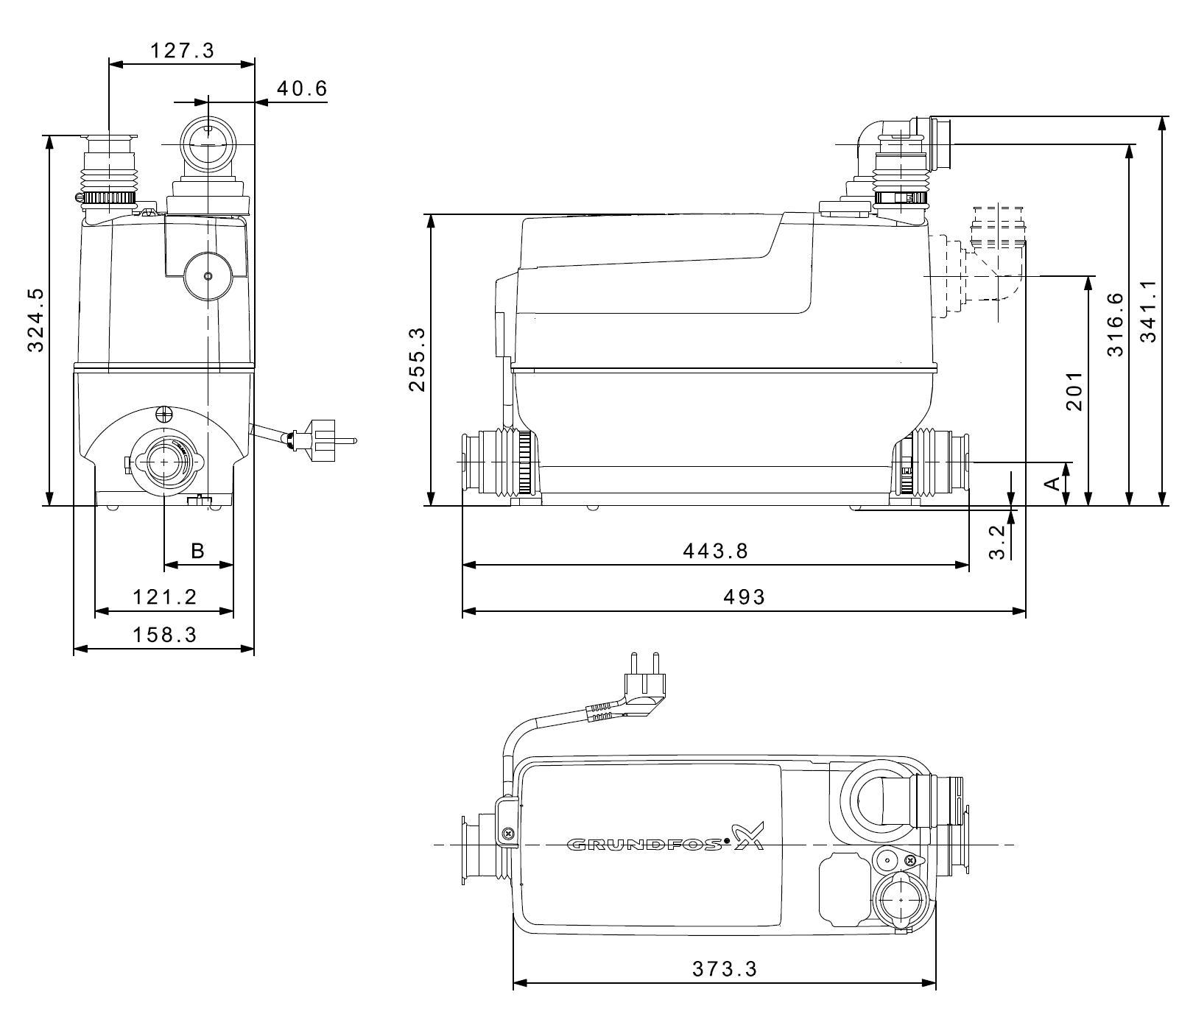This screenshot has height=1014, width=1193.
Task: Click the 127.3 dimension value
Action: click(182, 50)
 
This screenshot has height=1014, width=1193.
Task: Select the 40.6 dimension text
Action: click(301, 88)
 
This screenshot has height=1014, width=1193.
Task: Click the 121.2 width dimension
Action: click(165, 596)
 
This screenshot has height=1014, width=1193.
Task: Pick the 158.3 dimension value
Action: click(165, 634)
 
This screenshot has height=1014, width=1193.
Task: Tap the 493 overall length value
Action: click(744, 596)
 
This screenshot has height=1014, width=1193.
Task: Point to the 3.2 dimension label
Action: click(996, 542)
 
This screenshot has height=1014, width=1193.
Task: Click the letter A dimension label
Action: click(1053, 483)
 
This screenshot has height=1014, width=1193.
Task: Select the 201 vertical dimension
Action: click(1074, 390)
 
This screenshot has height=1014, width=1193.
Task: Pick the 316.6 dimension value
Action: click(1116, 324)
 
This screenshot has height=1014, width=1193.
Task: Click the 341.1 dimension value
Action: click(1149, 311)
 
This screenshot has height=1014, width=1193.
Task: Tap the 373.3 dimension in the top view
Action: click(725, 968)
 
